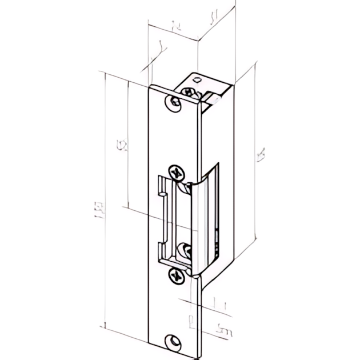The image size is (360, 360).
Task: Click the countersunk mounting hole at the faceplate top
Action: (x=173, y=103)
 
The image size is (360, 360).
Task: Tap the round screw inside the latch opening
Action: (x=185, y=249)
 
